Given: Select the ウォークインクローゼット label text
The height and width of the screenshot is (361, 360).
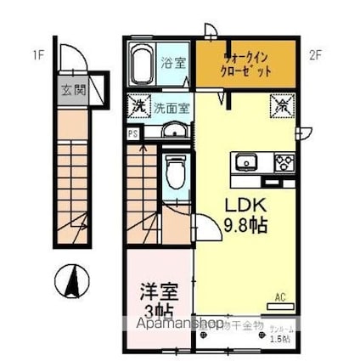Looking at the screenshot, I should click(248, 65).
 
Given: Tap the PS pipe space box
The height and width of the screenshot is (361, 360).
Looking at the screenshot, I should click(132, 133).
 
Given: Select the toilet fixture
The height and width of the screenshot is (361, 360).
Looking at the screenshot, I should click(176, 174).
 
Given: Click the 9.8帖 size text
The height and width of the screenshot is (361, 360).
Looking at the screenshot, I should click(246, 225).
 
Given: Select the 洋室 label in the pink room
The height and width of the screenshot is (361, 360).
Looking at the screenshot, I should click(160, 290).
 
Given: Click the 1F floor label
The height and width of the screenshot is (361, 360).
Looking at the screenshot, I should click(38, 57).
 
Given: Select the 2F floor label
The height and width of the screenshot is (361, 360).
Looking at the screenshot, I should click(316, 57).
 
